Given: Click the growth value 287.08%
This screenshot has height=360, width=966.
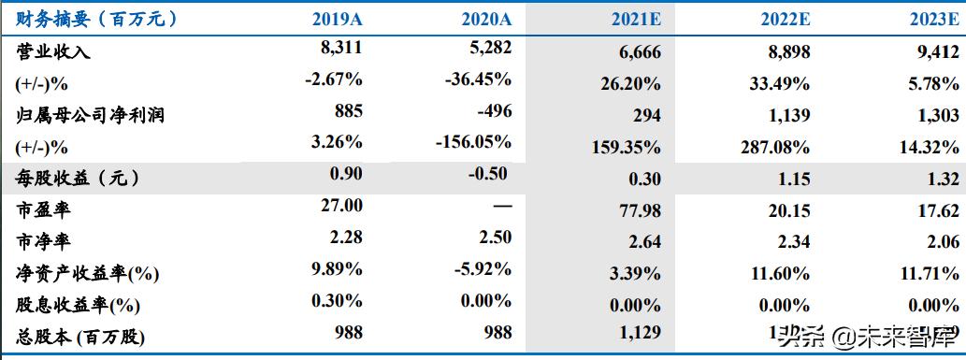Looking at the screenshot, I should tap(776, 147).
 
